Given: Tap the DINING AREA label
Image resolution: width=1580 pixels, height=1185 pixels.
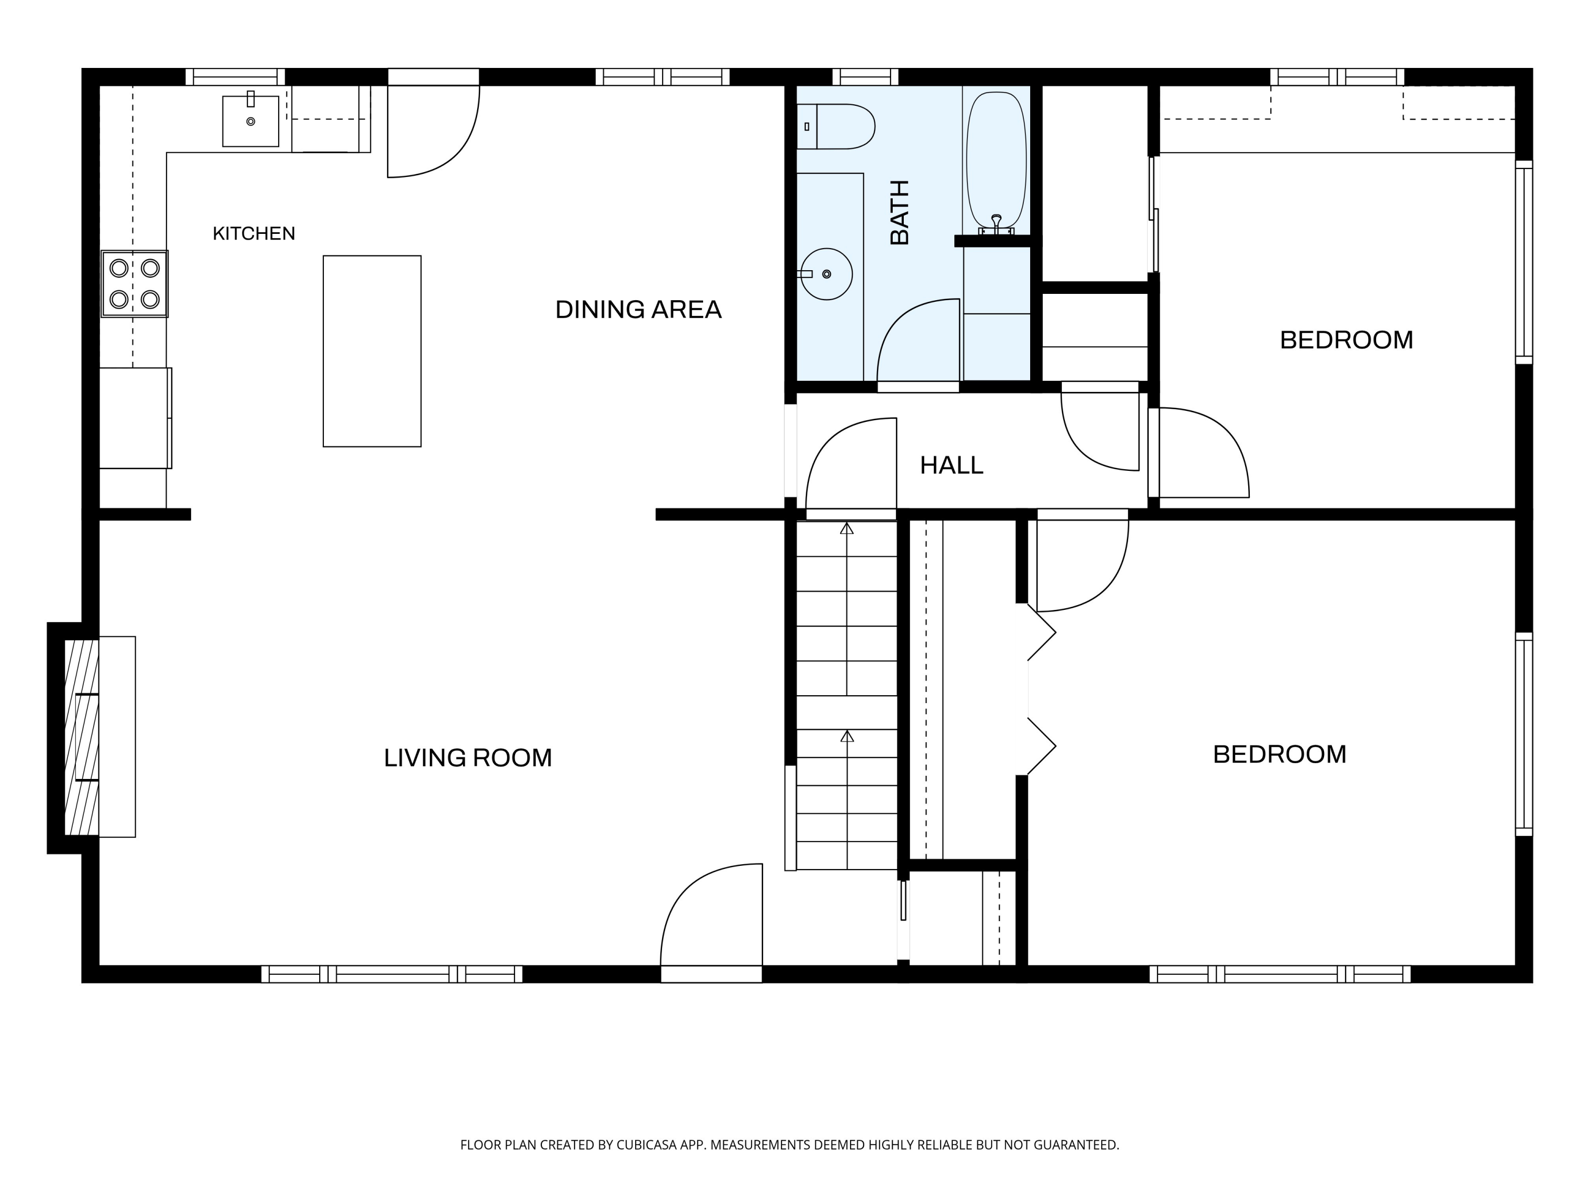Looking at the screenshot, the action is tap(638, 309).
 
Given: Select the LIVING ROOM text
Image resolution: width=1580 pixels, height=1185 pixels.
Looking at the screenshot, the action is tap(468, 757).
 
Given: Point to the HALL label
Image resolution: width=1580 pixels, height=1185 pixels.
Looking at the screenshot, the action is tap(952, 466).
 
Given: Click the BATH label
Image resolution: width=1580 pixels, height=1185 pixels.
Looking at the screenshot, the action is tap(900, 212).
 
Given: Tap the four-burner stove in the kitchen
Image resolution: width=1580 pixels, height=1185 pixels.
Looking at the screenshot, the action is tap(134, 283).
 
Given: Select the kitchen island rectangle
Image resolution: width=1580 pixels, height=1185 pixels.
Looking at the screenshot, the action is tap(372, 351).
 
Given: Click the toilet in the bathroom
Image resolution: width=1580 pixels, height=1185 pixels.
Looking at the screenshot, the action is tap(836, 126).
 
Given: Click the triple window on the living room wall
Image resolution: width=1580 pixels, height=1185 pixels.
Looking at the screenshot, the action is tap(391, 974).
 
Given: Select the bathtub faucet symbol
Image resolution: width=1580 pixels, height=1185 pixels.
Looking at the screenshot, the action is tap(996, 225).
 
